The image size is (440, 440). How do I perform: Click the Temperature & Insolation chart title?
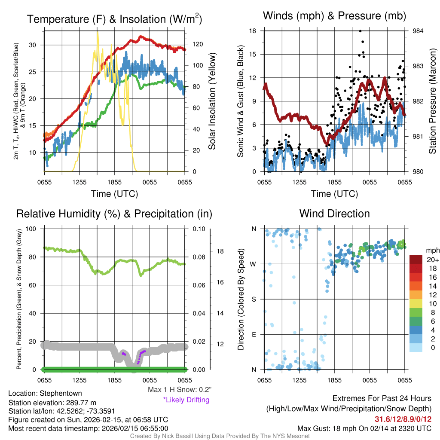tap(114, 19)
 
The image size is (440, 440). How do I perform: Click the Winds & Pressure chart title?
tap(335, 16)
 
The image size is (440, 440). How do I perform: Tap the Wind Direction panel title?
tap(334, 214)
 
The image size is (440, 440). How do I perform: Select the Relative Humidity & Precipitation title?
tap(114, 214)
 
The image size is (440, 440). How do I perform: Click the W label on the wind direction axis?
tap(254, 264)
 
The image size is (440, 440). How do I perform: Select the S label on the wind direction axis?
tap(254, 299)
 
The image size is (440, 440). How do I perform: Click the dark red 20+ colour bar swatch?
tap(417, 260)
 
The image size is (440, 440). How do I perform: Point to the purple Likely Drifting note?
tap(186, 400)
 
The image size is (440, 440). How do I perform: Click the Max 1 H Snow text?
tap(179, 389)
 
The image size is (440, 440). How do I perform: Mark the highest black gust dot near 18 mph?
tap(360, 31)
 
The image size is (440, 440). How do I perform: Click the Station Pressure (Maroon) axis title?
tap(433, 101)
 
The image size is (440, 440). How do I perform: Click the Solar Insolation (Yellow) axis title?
tap(212, 101)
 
